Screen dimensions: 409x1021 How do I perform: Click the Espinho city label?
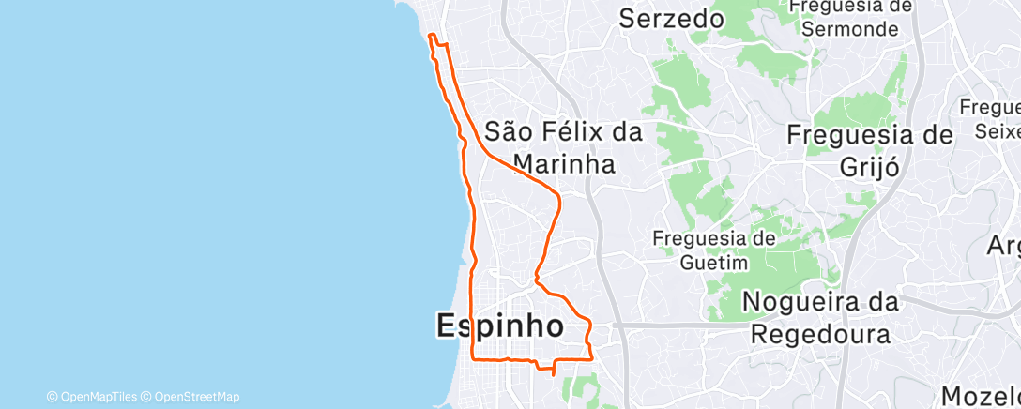click(500, 326)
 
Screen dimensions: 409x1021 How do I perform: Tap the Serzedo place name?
click(672, 19)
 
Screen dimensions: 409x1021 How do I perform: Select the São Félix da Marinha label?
click(563, 147)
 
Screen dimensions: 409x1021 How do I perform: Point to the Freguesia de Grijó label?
click(869, 149)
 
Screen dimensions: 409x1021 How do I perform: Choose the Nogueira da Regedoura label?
click(820, 318)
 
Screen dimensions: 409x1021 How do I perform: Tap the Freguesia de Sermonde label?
click(850, 17)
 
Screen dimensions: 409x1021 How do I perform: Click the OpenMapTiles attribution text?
click(97, 397)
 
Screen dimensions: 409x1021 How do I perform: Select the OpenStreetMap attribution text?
click(196, 397)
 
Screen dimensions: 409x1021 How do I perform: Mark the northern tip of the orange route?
click(431, 36)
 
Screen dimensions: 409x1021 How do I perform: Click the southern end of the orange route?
click(554, 375)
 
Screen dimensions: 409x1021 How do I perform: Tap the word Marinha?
click(563, 164)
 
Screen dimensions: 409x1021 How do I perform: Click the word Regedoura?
click(820, 335)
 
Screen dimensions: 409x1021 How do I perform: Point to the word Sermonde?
click(850, 28)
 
